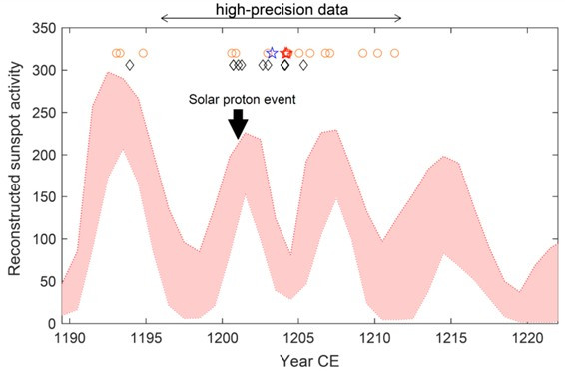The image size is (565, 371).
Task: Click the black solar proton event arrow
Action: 237,124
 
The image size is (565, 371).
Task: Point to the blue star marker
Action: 272,53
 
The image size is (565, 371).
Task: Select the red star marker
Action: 286,53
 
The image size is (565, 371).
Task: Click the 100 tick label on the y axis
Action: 45,240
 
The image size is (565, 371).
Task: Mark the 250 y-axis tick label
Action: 45,114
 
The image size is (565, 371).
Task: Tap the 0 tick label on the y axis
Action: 52,324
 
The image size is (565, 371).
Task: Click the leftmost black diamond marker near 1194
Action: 129,65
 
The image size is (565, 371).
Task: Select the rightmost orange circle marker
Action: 394,53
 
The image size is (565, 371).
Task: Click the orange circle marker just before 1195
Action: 143,53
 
